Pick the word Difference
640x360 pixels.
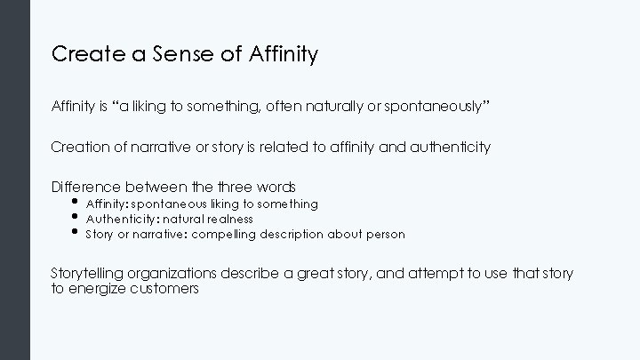[86, 187]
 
